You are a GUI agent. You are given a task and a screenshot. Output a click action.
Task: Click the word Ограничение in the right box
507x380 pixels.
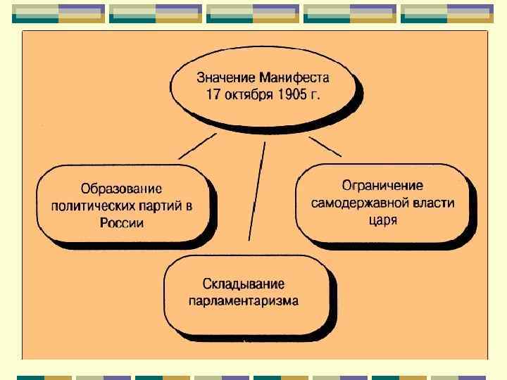click(382, 186)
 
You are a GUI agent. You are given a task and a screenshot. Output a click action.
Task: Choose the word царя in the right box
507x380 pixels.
click(383, 220)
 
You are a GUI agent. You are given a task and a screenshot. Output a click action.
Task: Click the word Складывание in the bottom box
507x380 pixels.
click(244, 284)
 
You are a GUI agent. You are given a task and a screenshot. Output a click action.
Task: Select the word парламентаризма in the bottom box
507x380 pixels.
click(244, 301)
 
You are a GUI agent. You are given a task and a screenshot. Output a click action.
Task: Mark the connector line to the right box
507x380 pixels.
click(325, 146)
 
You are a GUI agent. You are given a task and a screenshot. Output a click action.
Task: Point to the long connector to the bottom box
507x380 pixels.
click(256, 190)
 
